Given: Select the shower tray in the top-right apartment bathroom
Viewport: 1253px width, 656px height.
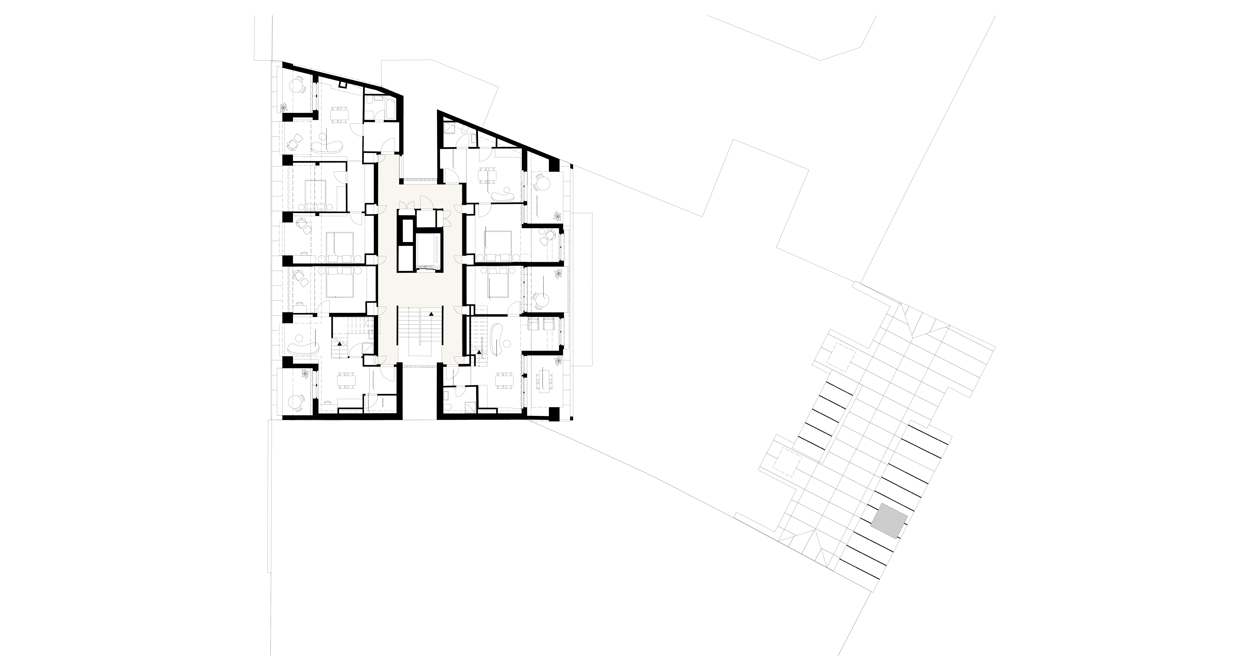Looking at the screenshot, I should click(450, 127).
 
